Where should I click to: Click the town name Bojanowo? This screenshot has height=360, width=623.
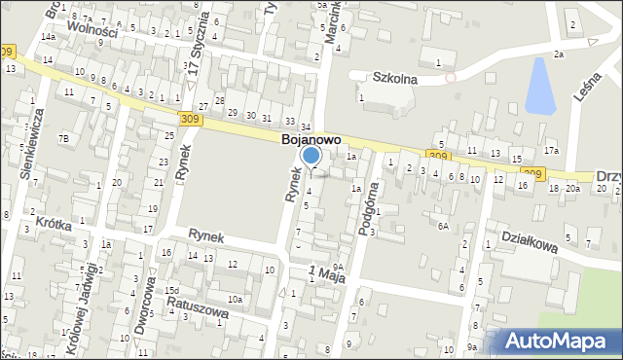(x=311, y=140)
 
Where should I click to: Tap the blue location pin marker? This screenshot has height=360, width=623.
(x=311, y=156)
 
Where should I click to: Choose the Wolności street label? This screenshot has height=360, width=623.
(x=93, y=31)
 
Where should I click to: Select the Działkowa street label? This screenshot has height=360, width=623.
(x=529, y=239)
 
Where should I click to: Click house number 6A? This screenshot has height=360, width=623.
(x=443, y=226)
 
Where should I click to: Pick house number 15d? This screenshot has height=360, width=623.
(x=172, y=290)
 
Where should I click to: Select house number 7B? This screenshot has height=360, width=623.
(x=64, y=139)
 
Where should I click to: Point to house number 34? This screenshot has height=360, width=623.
(x=306, y=127)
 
